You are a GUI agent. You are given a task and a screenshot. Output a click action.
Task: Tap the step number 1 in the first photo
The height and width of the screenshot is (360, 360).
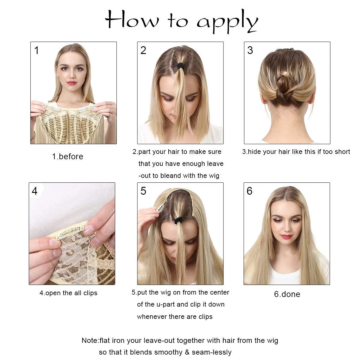36,50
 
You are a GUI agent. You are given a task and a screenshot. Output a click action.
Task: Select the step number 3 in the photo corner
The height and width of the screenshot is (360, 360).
250,50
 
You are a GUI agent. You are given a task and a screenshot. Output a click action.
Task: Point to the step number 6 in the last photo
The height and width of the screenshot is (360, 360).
249,191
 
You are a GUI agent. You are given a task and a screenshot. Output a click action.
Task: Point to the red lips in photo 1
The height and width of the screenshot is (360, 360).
72,83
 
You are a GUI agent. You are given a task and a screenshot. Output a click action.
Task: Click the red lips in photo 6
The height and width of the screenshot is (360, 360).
286,236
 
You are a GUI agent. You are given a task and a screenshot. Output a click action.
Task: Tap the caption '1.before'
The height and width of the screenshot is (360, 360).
67,157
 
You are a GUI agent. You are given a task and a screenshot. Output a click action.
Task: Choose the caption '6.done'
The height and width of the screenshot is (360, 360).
287,294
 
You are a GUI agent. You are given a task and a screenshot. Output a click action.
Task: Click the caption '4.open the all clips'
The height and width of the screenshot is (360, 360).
68,293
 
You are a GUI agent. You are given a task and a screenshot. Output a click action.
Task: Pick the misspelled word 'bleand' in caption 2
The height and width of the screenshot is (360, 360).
171,175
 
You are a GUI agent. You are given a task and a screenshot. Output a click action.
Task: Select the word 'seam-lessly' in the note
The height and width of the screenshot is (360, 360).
212,352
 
